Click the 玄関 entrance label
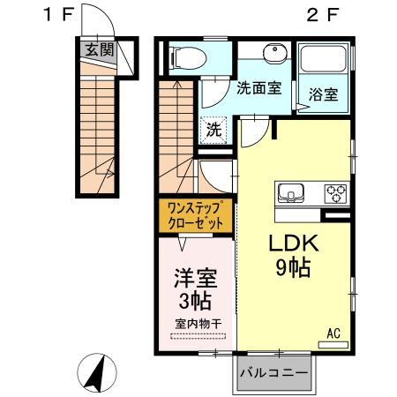[100, 50]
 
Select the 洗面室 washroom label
[258, 88]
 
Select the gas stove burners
[335, 191]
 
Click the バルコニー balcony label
[273, 371]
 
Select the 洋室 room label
[195, 276]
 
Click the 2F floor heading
[324, 15]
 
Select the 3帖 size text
[195, 300]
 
